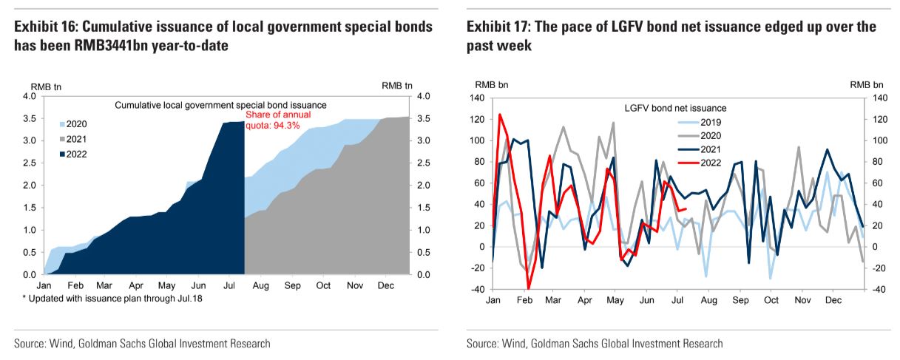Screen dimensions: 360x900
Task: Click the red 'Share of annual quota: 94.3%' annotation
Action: pyautogui.click(x=278, y=120)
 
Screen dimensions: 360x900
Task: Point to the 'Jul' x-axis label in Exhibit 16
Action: pyautogui.click(x=229, y=285)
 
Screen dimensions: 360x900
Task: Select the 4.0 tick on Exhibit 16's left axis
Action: pyautogui.click(x=30, y=97)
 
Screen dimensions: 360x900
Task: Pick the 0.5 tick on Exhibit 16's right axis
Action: pyautogui.click(x=424, y=252)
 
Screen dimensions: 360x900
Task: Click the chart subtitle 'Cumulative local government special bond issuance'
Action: pyautogui.click(x=220, y=106)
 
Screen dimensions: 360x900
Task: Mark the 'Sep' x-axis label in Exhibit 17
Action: pyautogui.click(x=741, y=301)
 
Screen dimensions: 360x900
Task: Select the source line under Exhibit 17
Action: pyautogui.click(x=595, y=344)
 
